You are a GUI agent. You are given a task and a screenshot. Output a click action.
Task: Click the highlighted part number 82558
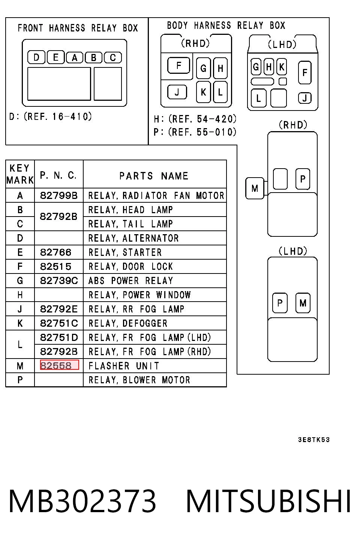[x=60, y=365]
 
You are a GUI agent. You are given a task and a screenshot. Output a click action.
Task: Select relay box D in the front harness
[x=36, y=57]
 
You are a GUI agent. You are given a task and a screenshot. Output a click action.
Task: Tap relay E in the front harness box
[x=55, y=57]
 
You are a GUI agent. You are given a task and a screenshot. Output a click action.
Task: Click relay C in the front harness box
[x=113, y=58]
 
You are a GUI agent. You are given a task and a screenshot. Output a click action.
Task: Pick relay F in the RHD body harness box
[x=178, y=65]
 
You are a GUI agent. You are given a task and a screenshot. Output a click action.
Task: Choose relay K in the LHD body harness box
[x=282, y=67]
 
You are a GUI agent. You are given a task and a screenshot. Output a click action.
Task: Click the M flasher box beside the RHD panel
[x=255, y=188]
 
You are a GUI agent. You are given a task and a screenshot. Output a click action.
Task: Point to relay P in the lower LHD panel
[x=280, y=303]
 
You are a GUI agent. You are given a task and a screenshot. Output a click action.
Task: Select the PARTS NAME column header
[x=154, y=176]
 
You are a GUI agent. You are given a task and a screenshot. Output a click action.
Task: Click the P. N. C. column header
[x=58, y=175]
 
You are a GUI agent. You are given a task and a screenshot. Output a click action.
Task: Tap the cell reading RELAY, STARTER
[x=125, y=252]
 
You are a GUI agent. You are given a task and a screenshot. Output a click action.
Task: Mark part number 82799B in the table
[x=59, y=196]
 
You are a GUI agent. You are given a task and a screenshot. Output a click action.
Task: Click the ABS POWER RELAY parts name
[x=131, y=281]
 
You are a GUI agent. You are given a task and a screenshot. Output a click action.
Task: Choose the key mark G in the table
[x=20, y=281]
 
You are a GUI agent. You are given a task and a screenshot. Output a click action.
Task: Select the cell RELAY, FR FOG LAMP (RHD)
[x=150, y=351]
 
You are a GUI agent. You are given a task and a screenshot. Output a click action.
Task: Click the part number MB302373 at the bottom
[x=82, y=501]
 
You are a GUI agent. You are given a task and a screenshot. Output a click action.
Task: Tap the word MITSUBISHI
[x=268, y=501]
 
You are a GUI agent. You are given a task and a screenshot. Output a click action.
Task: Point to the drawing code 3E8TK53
[x=314, y=439]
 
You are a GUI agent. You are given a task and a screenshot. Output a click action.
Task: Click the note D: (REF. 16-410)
[x=51, y=117]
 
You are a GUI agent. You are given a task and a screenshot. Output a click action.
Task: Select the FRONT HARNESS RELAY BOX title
[x=78, y=28]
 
